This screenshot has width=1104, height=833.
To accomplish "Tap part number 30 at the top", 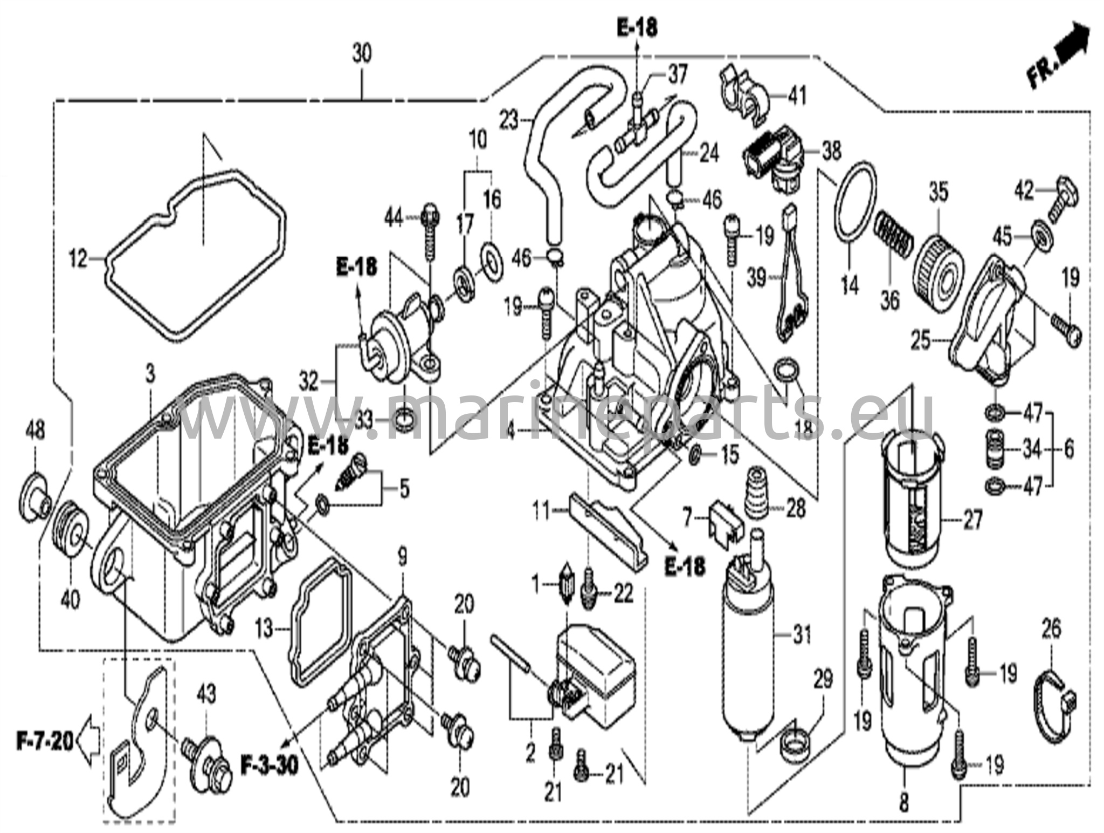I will point(362,55).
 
